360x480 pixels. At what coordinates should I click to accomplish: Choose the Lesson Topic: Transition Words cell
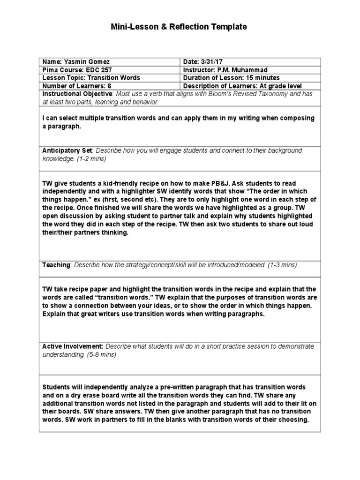(x=91, y=78)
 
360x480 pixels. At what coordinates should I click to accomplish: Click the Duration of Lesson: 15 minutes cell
(x=232, y=78)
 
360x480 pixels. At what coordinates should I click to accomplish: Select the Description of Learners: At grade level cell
(x=242, y=86)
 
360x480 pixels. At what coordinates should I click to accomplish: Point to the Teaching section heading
(x=56, y=265)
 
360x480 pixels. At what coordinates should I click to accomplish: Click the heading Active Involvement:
(x=73, y=346)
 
